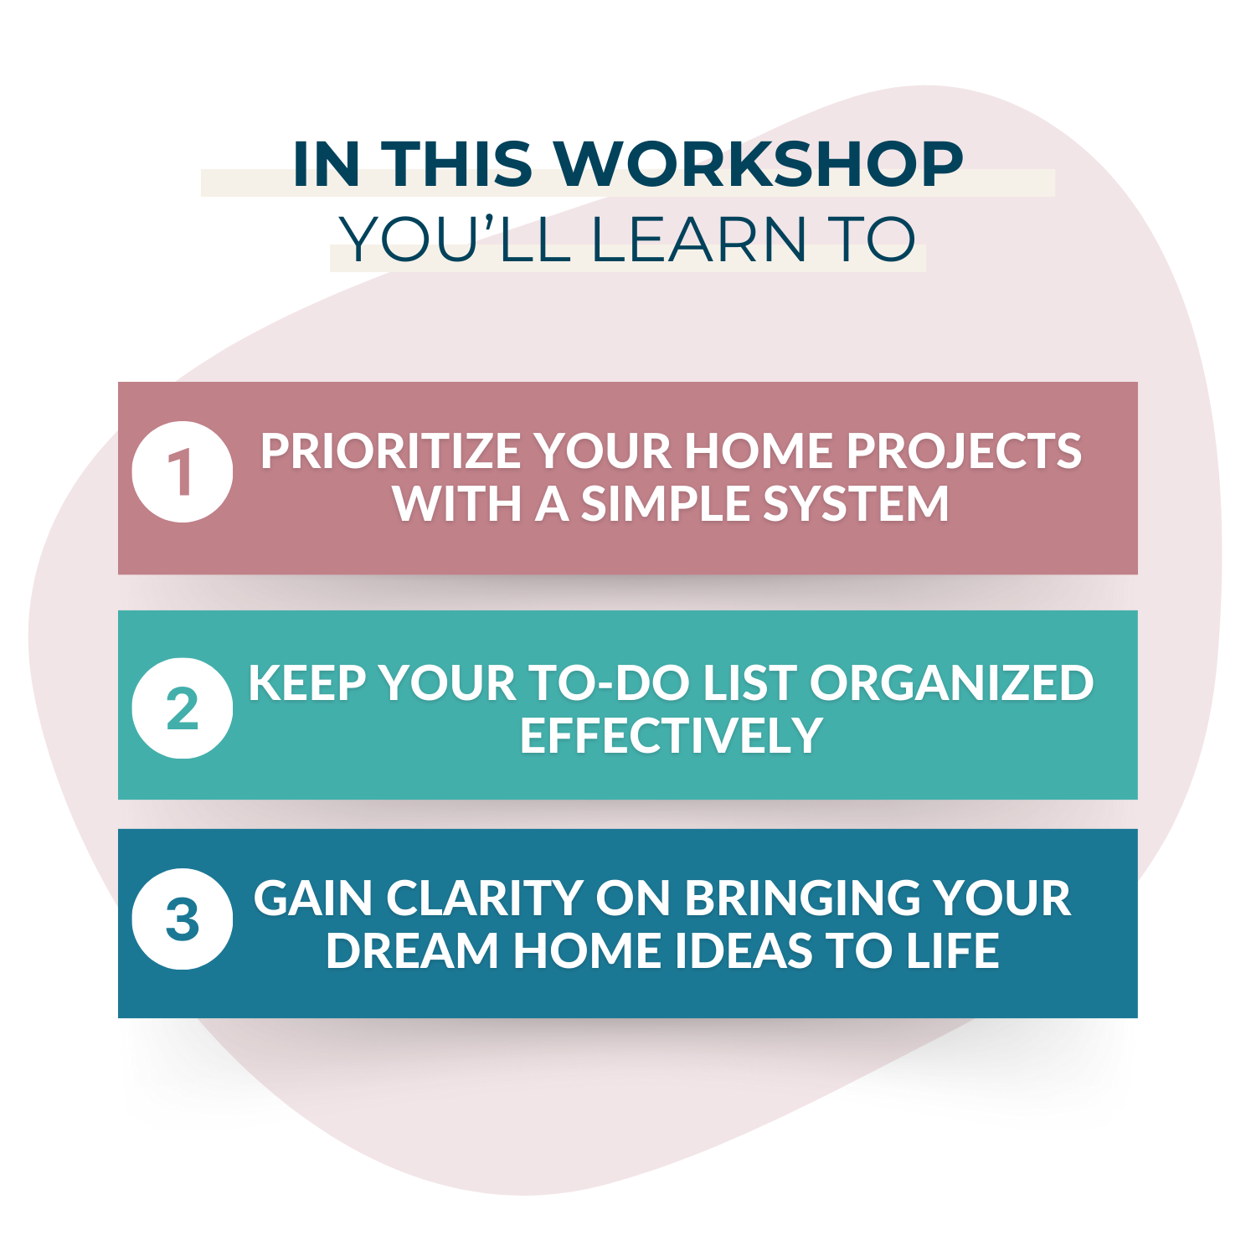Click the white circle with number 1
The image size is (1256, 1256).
tap(183, 471)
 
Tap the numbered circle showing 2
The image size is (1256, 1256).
tap(183, 708)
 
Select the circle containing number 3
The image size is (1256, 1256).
tap(183, 919)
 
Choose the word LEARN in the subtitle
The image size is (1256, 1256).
tap(698, 240)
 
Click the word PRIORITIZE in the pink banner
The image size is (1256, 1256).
tap(391, 451)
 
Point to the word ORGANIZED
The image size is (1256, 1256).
tap(951, 683)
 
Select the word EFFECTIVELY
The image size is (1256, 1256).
tap(671, 736)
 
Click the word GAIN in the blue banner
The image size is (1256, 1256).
tap(313, 898)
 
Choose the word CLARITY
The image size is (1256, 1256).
tap(485, 898)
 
